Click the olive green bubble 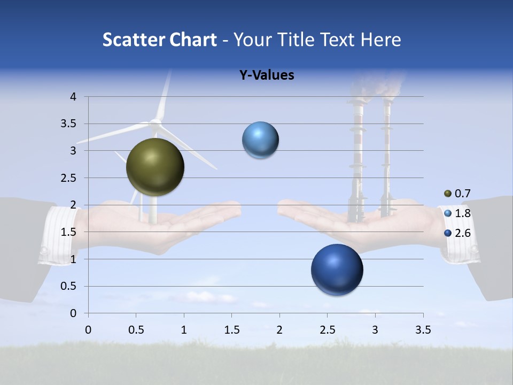(155, 167)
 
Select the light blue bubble (260, 140)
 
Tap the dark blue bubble (337, 269)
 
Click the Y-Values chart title (266, 75)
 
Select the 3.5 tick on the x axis (423, 330)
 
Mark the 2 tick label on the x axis (279, 330)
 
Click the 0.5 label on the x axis (136, 330)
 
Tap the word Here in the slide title (380, 40)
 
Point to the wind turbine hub (156, 124)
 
